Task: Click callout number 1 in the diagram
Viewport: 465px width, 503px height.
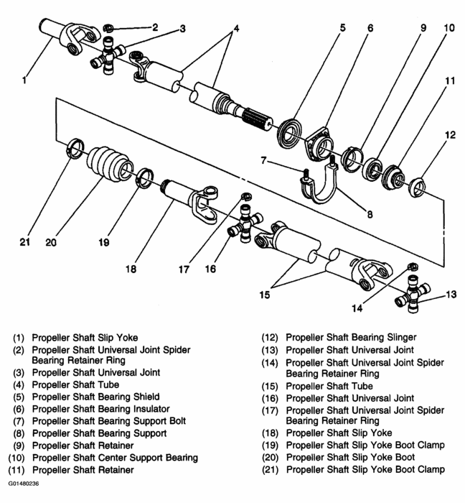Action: pyautogui.click(x=24, y=81)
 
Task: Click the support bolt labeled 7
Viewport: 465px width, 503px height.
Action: pyautogui.click(x=304, y=173)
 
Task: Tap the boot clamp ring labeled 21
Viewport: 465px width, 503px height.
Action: pyautogui.click(x=75, y=151)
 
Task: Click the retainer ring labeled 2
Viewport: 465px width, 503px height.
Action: pyautogui.click(x=107, y=28)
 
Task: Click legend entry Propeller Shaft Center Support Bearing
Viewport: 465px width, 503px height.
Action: pyautogui.click(x=114, y=458)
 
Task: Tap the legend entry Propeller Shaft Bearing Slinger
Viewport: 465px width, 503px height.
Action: pyautogui.click(x=351, y=336)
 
